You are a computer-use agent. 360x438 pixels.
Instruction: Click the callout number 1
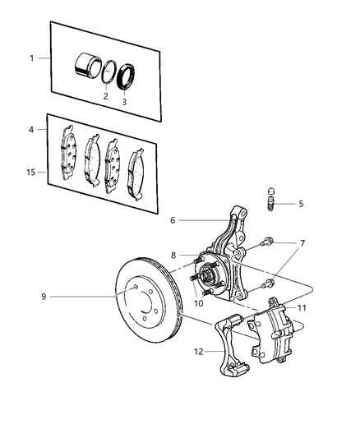[33, 58]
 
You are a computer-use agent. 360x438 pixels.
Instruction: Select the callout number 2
[105, 96]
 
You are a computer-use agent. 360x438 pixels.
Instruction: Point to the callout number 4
[32, 129]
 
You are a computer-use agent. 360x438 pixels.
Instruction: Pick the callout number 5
[300, 203]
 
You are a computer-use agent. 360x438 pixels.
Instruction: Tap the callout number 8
[173, 256]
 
